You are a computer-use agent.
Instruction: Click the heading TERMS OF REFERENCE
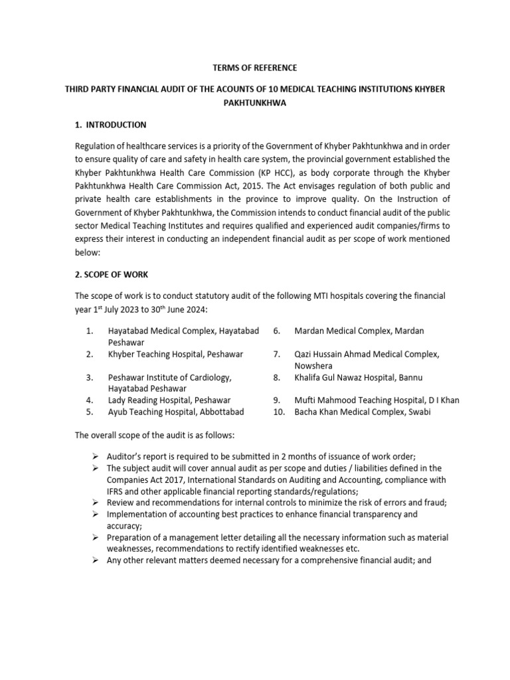254,68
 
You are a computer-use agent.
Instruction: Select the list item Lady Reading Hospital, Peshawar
169,400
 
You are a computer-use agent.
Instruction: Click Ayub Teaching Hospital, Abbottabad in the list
176,412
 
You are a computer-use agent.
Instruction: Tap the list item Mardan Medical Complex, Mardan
359,331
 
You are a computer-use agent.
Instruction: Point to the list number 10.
279,412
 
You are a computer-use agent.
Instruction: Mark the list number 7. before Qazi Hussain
277,354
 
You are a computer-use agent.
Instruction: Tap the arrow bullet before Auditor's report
97,456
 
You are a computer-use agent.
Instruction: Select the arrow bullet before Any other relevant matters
97,560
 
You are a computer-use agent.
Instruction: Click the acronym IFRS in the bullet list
118,491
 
